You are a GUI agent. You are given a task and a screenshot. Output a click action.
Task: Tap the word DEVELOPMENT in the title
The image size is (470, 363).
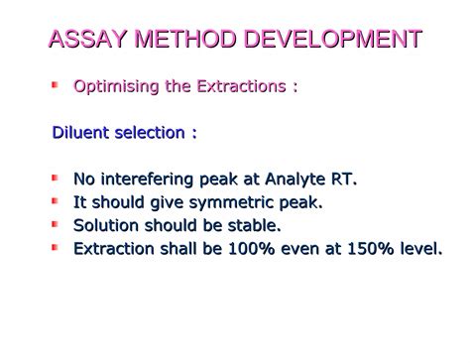tap(328, 41)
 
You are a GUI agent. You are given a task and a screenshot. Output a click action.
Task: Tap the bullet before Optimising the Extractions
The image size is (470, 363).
tap(57, 85)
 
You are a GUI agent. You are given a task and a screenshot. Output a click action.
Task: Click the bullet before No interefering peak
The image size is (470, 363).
tap(57, 178)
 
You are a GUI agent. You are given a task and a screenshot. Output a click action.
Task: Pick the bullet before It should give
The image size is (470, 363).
tap(57, 201)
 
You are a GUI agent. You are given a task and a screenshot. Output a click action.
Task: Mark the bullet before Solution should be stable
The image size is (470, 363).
tap(57, 225)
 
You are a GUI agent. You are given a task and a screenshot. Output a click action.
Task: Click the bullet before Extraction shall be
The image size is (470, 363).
tap(57, 248)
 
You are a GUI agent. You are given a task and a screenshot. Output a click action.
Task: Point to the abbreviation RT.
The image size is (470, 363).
tap(346, 179)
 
